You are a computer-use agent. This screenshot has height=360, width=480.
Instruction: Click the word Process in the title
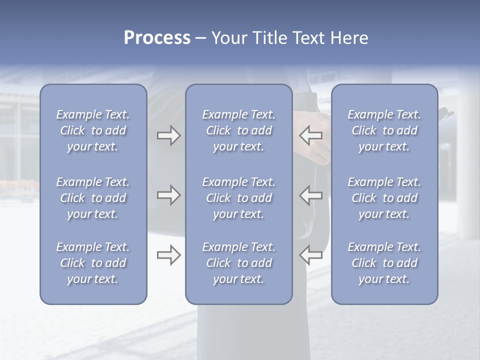157,38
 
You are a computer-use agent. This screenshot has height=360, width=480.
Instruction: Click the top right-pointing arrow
168,136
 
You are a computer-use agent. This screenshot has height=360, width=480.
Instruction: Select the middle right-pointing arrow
168,195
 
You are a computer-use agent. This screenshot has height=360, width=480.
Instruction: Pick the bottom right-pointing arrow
168,255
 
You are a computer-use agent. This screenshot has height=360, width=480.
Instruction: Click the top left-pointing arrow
310,136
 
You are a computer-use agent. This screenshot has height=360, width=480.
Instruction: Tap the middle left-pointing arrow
310,195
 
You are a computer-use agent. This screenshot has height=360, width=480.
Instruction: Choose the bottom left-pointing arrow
310,255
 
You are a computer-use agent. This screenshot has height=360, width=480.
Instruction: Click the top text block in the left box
93,130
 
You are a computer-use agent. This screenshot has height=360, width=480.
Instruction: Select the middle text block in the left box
93,198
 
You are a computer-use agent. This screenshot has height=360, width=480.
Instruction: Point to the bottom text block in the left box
93,263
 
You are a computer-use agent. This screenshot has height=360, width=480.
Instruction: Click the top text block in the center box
239,130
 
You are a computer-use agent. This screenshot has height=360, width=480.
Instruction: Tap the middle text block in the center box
239,198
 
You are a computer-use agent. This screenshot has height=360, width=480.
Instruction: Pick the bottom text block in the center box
239,263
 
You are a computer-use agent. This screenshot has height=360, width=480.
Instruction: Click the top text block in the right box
384,130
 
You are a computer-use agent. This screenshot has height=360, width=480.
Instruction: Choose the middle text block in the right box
384,198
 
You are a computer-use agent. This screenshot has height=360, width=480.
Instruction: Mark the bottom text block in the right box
384,263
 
